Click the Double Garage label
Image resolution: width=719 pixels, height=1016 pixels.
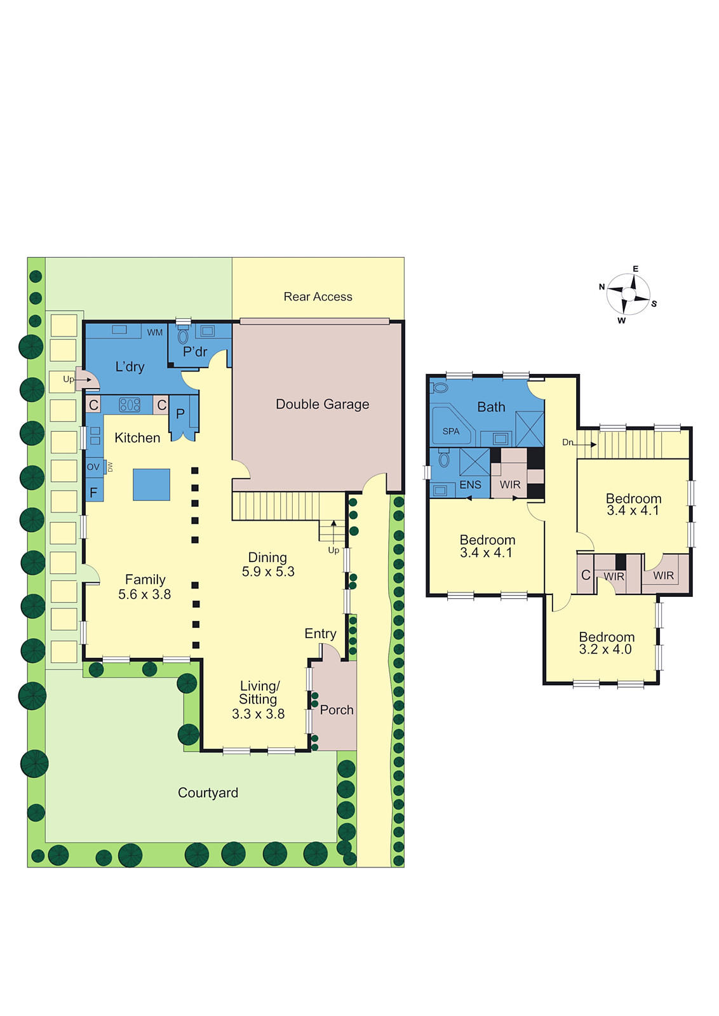pos(322,404)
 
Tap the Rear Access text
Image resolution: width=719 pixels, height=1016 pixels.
pos(318,297)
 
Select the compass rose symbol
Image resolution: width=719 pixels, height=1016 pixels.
pos(628,295)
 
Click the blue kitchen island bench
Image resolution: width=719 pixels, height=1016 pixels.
pos(152,485)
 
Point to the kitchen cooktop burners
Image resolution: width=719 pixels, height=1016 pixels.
pos(130,404)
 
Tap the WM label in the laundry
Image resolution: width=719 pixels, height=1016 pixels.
pos(155,333)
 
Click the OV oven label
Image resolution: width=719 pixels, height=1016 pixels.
pos(93,467)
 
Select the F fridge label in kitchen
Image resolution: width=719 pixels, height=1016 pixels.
pos(93,493)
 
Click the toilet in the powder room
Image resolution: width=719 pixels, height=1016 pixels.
pos(183,335)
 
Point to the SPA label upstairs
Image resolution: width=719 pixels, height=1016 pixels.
pos(451,431)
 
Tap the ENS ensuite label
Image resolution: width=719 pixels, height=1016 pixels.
pos(470,485)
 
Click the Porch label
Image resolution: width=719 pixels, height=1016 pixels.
pos(337,710)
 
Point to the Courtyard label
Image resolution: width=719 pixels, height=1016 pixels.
pos(208,793)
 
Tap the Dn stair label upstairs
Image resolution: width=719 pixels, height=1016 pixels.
pos(567,442)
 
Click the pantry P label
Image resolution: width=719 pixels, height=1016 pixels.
pos(180,413)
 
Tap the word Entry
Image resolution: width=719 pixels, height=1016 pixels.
pos(320,634)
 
